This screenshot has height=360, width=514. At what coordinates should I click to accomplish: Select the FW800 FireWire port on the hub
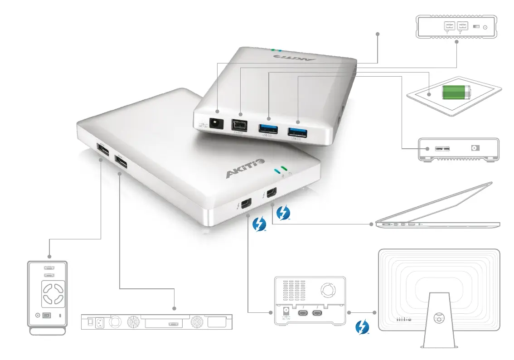coord(239,125)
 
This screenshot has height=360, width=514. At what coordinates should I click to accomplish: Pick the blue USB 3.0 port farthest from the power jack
coord(297,132)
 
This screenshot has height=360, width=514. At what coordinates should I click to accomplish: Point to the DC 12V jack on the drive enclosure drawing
coord(286,312)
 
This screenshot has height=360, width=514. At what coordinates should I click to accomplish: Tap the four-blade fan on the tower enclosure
coord(53,293)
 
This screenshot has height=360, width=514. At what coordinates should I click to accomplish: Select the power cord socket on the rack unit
coord(100,323)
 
